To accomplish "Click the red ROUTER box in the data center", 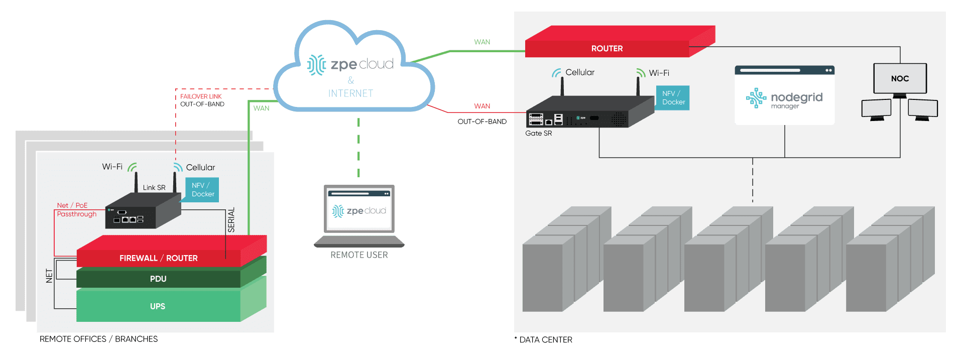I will (607, 48).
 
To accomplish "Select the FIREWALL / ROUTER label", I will (158, 258).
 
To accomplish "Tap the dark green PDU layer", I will (158, 279).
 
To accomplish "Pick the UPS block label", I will (158, 306).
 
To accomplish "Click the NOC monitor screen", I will (900, 78).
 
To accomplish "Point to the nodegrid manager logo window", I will (785, 98).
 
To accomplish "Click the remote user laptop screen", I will (359, 210).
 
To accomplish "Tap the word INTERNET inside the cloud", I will (350, 93).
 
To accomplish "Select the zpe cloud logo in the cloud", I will (350, 64).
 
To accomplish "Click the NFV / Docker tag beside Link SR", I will (202, 190).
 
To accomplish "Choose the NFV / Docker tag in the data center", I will (673, 98).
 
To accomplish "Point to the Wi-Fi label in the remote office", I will (112, 167).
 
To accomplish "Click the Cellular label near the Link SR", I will (200, 168).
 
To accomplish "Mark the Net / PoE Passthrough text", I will (76, 210).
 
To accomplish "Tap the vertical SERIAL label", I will (231, 220).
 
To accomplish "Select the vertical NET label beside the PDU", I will (49, 276).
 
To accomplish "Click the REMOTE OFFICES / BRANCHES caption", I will (98, 339).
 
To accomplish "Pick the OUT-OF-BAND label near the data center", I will (482, 122).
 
